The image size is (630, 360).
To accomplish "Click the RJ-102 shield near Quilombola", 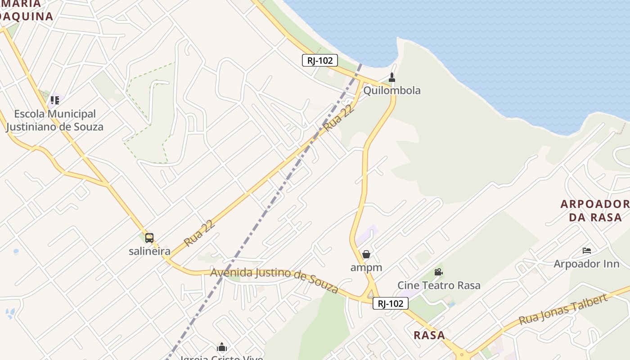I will [x=319, y=60].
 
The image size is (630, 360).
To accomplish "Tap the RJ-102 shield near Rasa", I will [x=390, y=304].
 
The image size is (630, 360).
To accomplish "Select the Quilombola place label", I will [x=391, y=90].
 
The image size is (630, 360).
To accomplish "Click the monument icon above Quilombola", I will [x=392, y=77].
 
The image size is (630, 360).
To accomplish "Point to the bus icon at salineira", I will [x=149, y=238].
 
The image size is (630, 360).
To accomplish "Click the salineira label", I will [x=149, y=251].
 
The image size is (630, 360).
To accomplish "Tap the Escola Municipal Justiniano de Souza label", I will [x=55, y=120].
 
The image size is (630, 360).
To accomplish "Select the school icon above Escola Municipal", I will [x=55, y=100].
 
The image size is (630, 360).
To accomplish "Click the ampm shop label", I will [x=366, y=267].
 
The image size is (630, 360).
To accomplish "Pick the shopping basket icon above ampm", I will [x=366, y=255].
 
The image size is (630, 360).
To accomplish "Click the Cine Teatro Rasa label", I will [x=439, y=285].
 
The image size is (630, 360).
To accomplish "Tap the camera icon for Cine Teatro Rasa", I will [x=438, y=272].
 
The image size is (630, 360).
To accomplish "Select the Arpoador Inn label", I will [x=586, y=264].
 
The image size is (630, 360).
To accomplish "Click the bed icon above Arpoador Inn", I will [x=587, y=251].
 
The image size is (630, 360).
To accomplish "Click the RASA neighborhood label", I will [x=429, y=335].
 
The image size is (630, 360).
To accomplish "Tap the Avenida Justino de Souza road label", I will [x=274, y=279].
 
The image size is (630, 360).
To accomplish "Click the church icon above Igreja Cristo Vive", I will [x=222, y=347].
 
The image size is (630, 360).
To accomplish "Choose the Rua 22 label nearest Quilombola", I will [x=337, y=117].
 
